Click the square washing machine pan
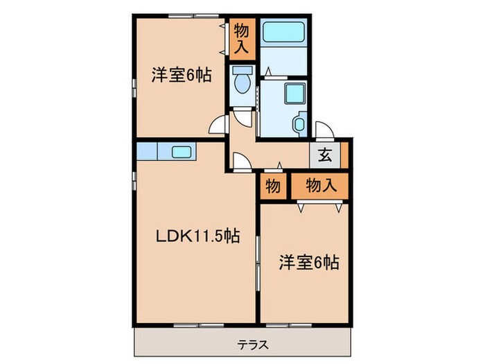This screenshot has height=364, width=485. pos(294,94)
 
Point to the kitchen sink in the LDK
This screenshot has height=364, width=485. pos(182,152)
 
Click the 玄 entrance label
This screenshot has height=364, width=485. pos(324,156)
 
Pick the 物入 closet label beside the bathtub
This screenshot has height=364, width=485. pos(242,38)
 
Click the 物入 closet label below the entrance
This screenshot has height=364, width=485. pos(320,186)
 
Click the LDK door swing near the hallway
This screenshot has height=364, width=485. pos(240,162)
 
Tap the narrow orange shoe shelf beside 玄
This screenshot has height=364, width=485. pos(344,156)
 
